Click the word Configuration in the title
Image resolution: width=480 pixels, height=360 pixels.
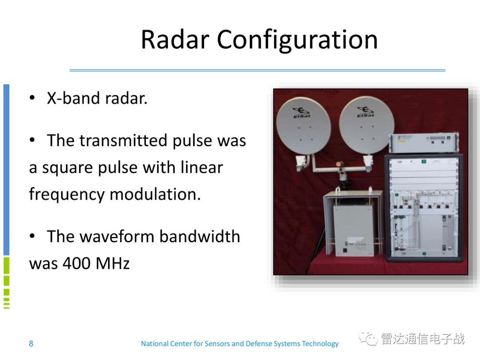click(297, 40)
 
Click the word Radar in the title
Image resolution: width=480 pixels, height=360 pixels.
click(175, 40)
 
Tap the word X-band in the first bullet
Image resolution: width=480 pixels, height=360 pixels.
click(73, 98)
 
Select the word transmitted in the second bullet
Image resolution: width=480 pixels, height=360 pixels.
click(124, 140)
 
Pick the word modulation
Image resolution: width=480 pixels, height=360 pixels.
click(155, 194)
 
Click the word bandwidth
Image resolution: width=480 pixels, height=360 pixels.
click(200, 236)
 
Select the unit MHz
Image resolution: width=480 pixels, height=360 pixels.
click(112, 263)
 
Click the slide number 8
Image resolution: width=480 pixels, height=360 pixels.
click(31, 344)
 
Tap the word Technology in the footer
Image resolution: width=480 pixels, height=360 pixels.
click(320, 344)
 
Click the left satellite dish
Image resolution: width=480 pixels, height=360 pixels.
click(304, 125)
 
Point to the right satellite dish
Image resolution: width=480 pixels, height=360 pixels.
click(366, 125)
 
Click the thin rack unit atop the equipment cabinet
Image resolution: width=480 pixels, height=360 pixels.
click(424, 143)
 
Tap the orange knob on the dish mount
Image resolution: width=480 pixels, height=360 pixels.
click(339, 164)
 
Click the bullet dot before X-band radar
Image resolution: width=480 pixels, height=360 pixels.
click(32, 98)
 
